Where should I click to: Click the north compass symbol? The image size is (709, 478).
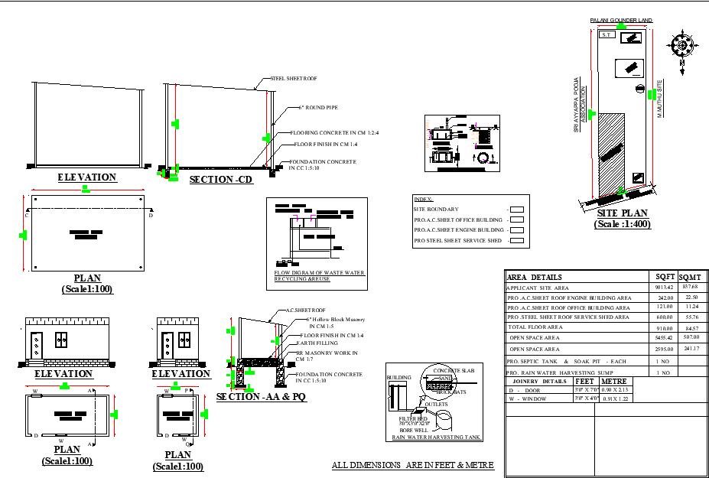tap(681, 45)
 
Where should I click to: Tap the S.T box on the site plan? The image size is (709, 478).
tap(607, 35)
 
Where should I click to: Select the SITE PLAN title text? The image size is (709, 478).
tap(622, 213)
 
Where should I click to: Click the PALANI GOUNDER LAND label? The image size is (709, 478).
tap(620, 20)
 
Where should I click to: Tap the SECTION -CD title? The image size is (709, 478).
tap(221, 179)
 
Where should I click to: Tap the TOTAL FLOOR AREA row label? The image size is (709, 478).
tap(535, 327)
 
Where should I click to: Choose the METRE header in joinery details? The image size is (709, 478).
tap(615, 380)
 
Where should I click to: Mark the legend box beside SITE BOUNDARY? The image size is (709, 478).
tap(517, 209)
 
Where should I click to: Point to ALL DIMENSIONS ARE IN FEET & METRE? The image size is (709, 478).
tap(413, 465)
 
